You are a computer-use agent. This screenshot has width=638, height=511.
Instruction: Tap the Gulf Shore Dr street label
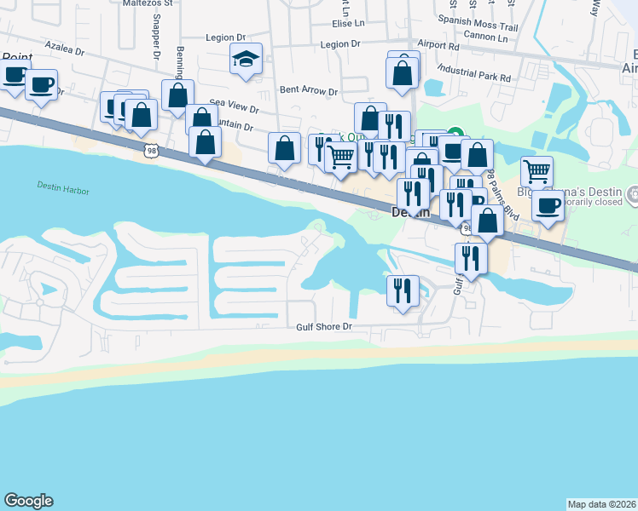[324, 326]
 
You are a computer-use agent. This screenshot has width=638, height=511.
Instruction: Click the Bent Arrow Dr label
[309, 90]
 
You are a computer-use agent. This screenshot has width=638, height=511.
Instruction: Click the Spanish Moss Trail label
[477, 26]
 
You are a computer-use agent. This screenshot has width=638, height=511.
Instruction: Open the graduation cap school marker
[246, 60]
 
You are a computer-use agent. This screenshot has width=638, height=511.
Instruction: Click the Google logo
[28, 501]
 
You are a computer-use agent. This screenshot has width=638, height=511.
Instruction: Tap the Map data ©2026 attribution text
[602, 504]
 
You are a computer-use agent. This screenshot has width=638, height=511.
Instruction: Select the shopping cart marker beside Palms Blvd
[536, 171]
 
